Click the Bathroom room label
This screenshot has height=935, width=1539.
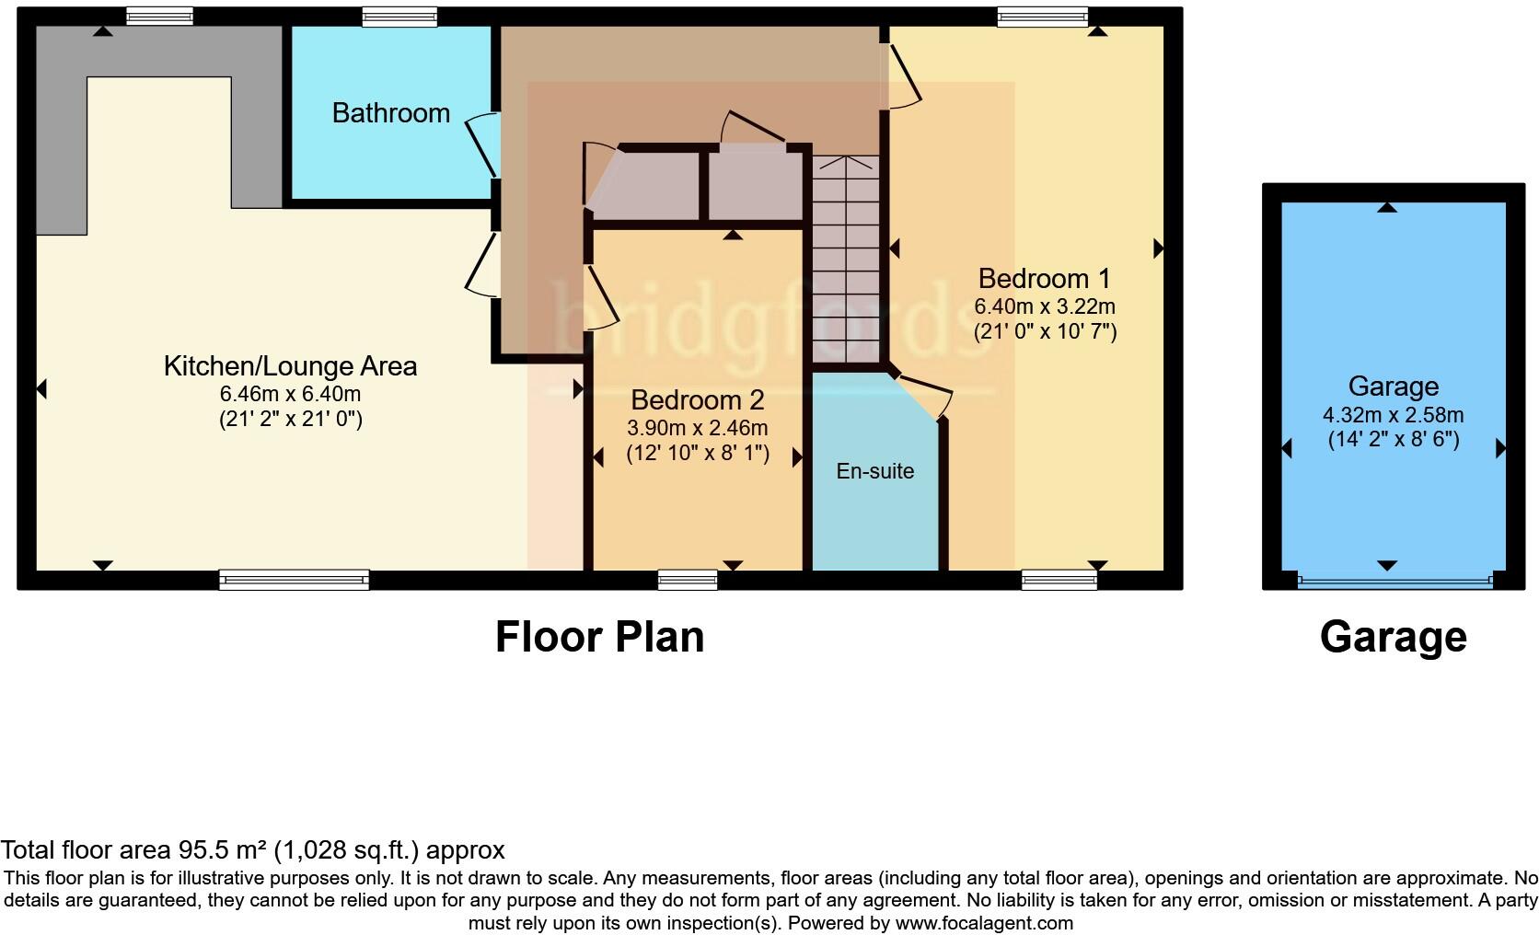[390, 113]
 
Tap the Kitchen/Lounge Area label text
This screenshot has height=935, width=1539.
[290, 366]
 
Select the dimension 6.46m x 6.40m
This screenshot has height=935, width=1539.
[290, 394]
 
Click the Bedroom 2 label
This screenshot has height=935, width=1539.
[697, 400]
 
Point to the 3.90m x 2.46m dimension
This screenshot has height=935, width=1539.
[697, 428]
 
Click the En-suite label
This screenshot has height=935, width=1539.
[874, 471]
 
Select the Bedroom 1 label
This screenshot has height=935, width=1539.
[1044, 278]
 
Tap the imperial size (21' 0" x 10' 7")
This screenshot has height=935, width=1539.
[1045, 331]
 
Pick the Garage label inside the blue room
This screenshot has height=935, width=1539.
[1393, 387]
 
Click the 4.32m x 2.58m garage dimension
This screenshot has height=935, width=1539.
[1393, 414]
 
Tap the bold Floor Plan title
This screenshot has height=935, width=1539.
[599, 637]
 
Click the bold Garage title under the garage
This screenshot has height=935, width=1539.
[1393, 637]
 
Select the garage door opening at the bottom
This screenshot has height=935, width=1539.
[1394, 580]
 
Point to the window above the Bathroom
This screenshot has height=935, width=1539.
[399, 17]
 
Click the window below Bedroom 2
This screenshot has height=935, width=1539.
[688, 580]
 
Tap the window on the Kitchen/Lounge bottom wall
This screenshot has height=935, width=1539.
[294, 580]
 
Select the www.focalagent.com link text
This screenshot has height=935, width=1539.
[983, 922]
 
